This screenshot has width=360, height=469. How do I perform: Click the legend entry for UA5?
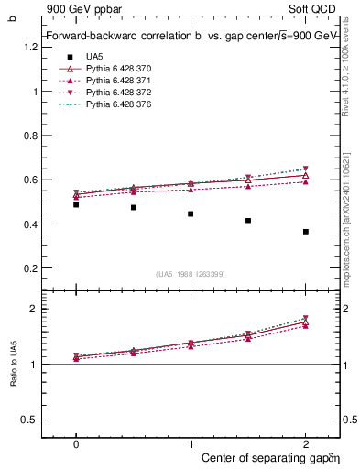(93, 56)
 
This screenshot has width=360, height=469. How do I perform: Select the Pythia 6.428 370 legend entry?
(115, 69)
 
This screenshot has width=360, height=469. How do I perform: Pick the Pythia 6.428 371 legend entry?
(115, 81)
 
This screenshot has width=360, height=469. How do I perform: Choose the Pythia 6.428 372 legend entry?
(115, 93)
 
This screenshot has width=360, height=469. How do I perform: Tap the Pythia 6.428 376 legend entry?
(115, 106)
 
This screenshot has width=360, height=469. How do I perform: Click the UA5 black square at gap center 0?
(76, 205)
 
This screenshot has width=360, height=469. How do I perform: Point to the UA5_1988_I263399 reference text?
(191, 274)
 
